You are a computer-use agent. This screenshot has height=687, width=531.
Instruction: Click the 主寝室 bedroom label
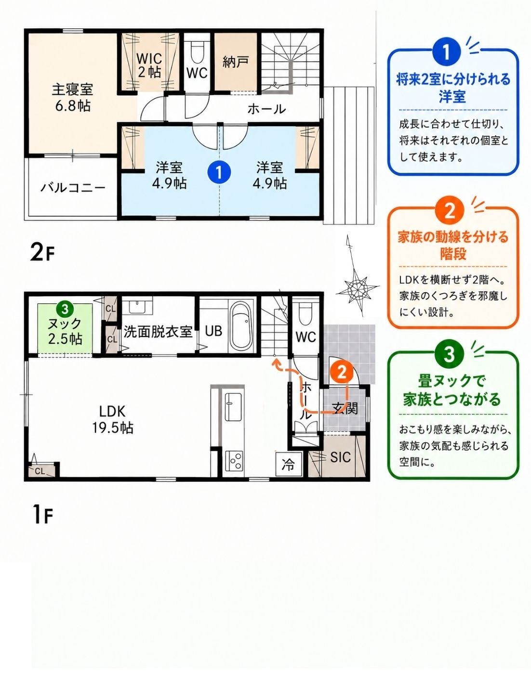pyautogui.click(x=72, y=90)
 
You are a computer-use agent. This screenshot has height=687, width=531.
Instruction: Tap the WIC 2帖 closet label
pyautogui.click(x=149, y=65)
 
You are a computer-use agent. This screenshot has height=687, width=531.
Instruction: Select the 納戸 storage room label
pyautogui.click(x=235, y=62)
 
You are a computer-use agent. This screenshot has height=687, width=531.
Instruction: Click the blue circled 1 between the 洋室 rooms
pyautogui.click(x=219, y=171)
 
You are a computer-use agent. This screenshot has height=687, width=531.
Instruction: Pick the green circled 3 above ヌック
pyautogui.click(x=65, y=309)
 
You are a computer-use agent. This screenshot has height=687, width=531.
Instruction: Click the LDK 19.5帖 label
pyautogui.click(x=113, y=420)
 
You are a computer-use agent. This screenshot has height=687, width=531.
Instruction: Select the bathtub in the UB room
pyautogui.click(x=241, y=329)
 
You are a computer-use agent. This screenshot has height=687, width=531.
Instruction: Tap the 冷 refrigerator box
pyautogui.click(x=288, y=465)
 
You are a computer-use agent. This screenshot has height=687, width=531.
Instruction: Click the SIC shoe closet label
pyautogui.click(x=340, y=457)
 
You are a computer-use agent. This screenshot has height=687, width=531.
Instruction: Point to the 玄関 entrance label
pyautogui.click(x=345, y=409)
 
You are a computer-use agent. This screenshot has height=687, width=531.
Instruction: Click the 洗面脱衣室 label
pyautogui.click(x=158, y=332)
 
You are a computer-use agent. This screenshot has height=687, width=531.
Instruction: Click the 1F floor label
pyautogui.click(x=42, y=515)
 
